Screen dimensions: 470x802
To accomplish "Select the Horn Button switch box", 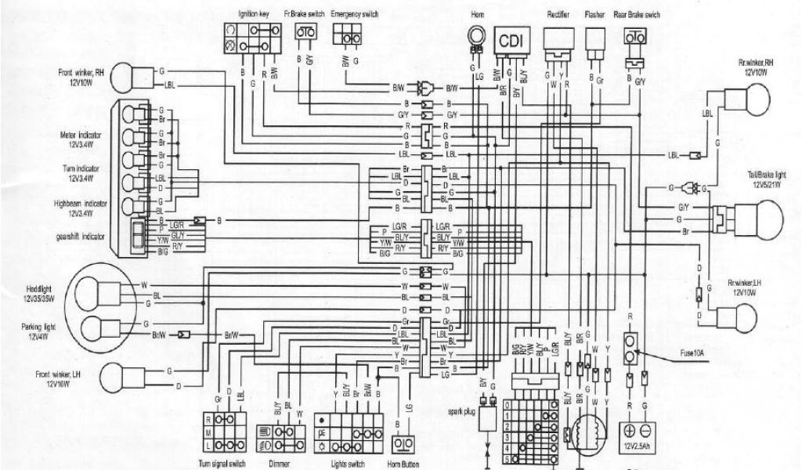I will point(403,443).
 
